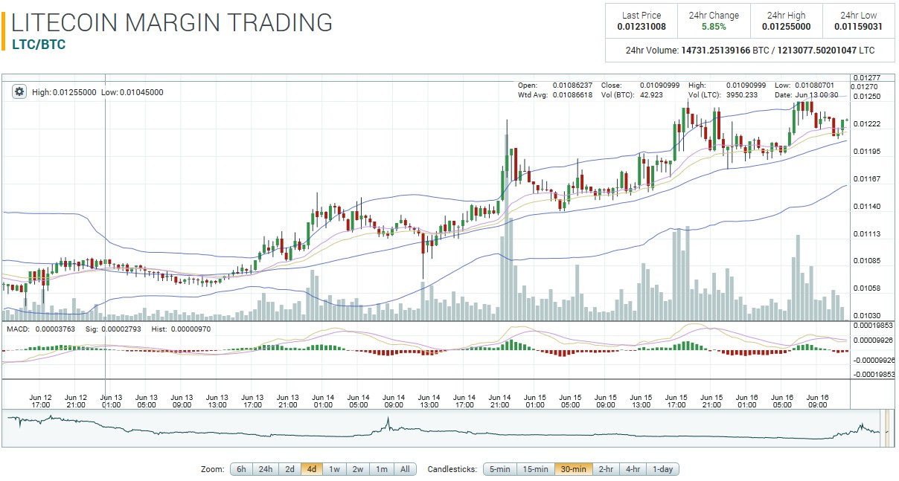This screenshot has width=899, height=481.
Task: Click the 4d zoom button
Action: (312, 469)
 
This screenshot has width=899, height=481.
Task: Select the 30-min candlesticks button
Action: (574, 469)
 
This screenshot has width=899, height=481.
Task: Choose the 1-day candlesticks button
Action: (662, 469)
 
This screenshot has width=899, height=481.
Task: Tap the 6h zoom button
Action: (241, 469)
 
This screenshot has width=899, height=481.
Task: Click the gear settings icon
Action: (19, 91)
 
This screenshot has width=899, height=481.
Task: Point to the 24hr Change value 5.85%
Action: (714, 27)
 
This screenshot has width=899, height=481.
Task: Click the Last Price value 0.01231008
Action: (642, 27)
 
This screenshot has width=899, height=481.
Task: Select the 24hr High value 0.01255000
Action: (786, 27)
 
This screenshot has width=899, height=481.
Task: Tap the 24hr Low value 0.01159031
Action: (858, 27)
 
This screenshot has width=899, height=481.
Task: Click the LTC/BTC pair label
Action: (39, 45)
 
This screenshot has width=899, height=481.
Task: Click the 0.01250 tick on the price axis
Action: (866, 97)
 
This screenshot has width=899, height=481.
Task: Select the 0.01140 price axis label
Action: (866, 207)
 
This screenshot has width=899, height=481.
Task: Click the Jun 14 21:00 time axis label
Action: (500, 401)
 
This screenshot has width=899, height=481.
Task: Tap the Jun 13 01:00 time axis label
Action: (112, 401)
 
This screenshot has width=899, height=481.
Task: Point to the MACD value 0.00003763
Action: (54, 329)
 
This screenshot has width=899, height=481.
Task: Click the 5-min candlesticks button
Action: (499, 469)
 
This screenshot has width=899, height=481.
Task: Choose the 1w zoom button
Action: (335, 469)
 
